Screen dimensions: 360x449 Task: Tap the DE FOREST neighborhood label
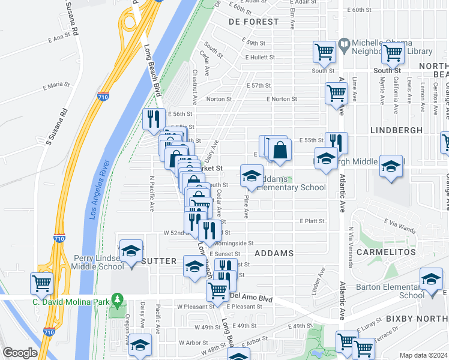tap(253, 22)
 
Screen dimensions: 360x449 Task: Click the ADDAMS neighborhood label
tap(274, 253)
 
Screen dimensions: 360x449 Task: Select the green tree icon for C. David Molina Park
tap(118, 298)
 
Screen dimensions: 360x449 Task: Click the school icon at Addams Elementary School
tap(252, 176)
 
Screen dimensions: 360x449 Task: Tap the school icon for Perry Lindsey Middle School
tap(130, 251)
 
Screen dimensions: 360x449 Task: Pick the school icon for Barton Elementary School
tap(431, 278)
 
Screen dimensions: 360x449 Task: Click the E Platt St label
tap(312, 221)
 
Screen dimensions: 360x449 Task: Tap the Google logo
tap(20, 353)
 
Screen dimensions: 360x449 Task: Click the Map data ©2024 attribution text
tap(423, 355)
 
